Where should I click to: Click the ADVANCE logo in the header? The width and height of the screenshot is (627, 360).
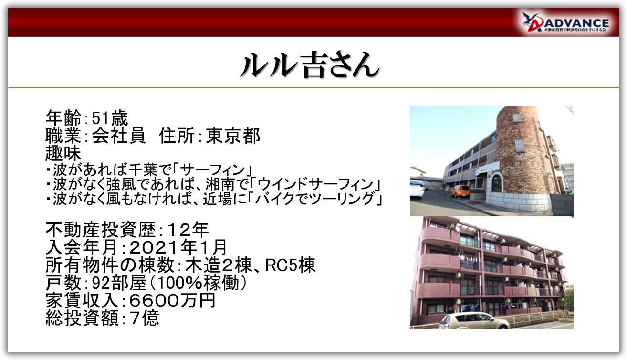click(x=565, y=22)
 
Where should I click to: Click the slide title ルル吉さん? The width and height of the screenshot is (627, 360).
click(x=310, y=65)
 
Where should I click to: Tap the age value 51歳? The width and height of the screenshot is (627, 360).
click(x=110, y=118)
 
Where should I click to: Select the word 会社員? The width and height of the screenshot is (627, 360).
click(x=119, y=136)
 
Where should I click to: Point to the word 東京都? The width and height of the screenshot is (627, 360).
click(x=233, y=136)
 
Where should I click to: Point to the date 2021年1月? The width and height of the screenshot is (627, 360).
click(x=178, y=247)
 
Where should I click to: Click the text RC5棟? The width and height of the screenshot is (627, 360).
click(x=290, y=265)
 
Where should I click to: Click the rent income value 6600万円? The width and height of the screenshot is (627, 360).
click(x=172, y=301)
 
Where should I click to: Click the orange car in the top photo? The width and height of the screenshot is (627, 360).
click(x=460, y=191)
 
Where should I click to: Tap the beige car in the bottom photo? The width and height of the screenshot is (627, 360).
click(x=474, y=321)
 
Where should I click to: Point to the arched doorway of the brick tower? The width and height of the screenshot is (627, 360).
click(x=497, y=183)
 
